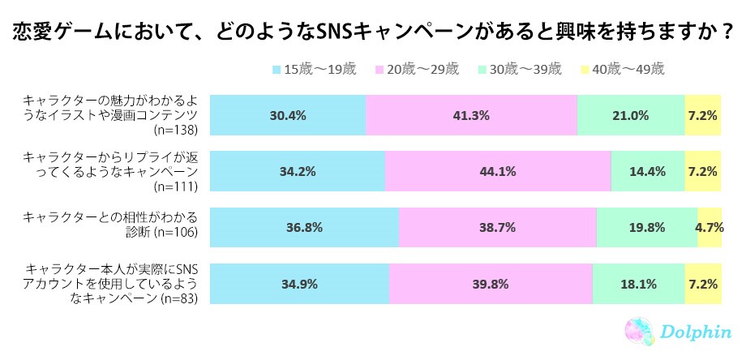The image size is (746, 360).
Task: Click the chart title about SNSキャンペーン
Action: coord(373,32)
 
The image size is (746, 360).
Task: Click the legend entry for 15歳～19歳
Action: coord(315,69)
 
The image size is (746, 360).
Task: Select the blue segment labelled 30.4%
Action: coord(288,115)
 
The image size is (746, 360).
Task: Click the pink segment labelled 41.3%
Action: coord(471,115)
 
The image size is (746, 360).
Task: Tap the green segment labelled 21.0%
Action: coord(631,115)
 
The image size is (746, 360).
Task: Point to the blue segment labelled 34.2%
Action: coord(298,171)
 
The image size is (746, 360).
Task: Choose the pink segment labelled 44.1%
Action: coord(497,171)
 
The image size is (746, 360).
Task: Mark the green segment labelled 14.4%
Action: coord(647,171)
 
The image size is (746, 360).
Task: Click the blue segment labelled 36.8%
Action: coord(304,227)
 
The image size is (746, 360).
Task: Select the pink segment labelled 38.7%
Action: coord(497,227)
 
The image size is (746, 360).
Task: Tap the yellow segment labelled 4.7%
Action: coord(710,227)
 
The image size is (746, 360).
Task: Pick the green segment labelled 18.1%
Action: coord(638,284)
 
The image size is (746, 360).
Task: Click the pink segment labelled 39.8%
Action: coord(491,284)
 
